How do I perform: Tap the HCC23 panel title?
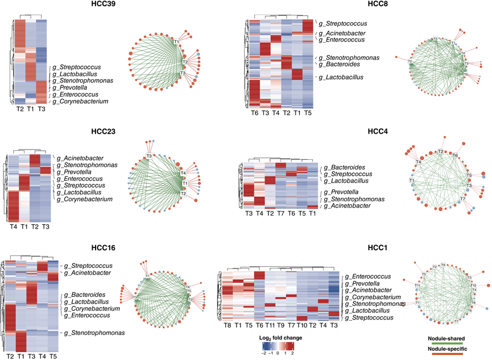[104, 133]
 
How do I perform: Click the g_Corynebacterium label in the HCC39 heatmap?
[80, 102]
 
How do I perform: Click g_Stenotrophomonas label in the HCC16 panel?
[96, 333]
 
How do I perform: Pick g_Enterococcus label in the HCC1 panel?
[370, 276]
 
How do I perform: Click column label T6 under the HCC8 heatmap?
[255, 113]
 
